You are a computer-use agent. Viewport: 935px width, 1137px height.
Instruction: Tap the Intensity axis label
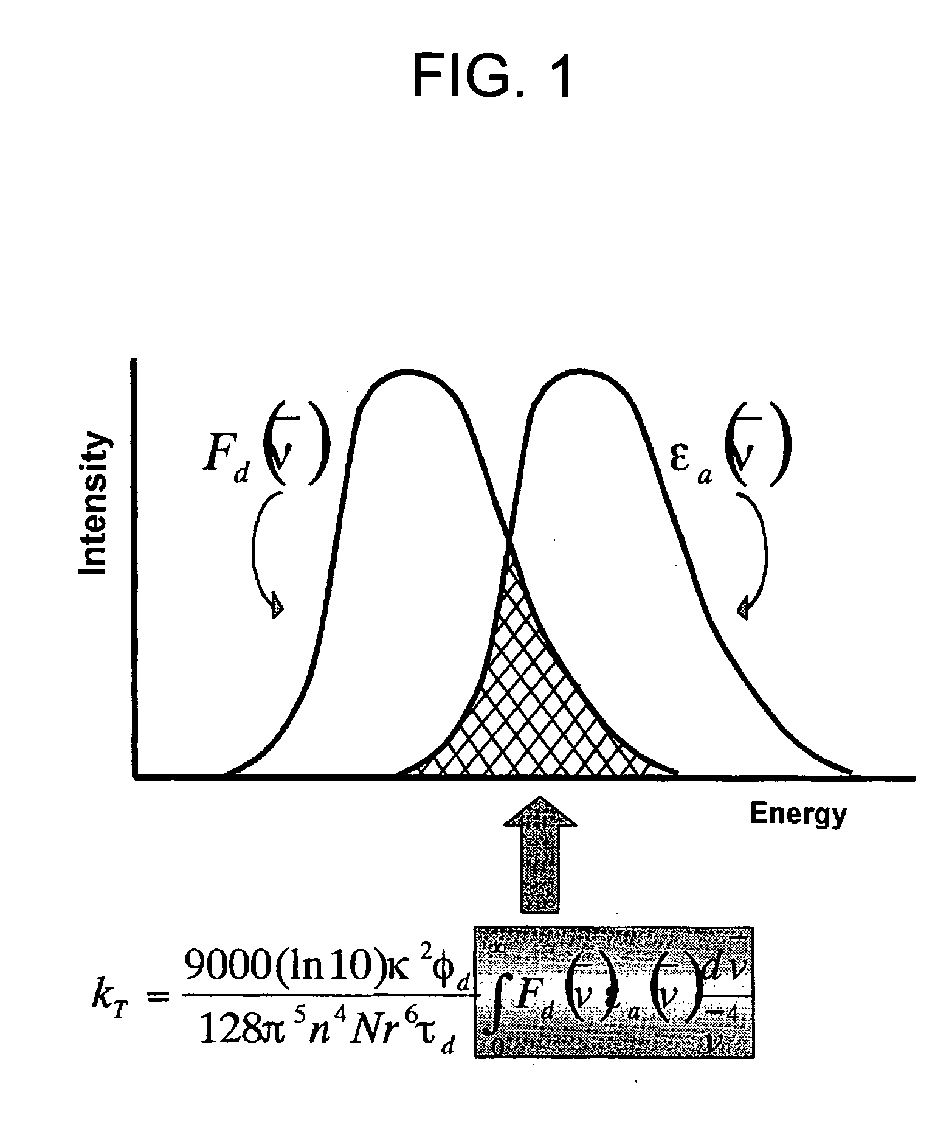[94, 504]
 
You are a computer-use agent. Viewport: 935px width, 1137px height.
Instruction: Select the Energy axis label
[798, 813]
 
